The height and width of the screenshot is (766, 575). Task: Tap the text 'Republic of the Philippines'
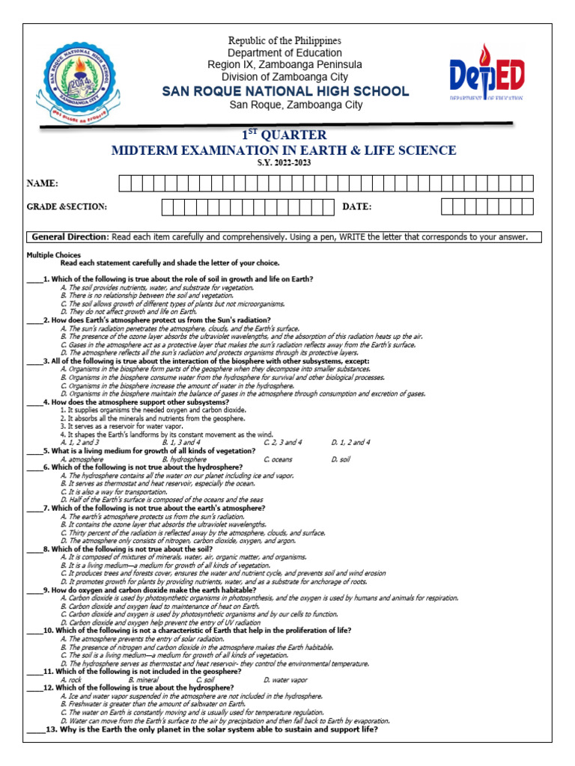(285, 40)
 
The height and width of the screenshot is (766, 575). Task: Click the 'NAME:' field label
(43, 184)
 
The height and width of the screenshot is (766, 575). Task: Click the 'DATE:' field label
(357, 206)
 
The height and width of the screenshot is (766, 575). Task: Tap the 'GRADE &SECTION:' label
(67, 206)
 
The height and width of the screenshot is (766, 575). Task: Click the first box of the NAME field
(124, 184)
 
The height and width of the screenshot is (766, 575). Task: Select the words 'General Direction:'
(70, 237)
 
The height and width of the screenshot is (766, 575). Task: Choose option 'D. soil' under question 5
(340, 459)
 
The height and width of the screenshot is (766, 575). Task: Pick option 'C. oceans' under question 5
(278, 459)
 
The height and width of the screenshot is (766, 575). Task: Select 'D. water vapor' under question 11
(285, 680)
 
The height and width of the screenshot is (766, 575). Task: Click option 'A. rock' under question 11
(71, 680)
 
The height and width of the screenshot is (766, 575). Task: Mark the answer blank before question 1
(34, 280)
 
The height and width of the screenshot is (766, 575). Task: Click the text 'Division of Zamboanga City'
(285, 77)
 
